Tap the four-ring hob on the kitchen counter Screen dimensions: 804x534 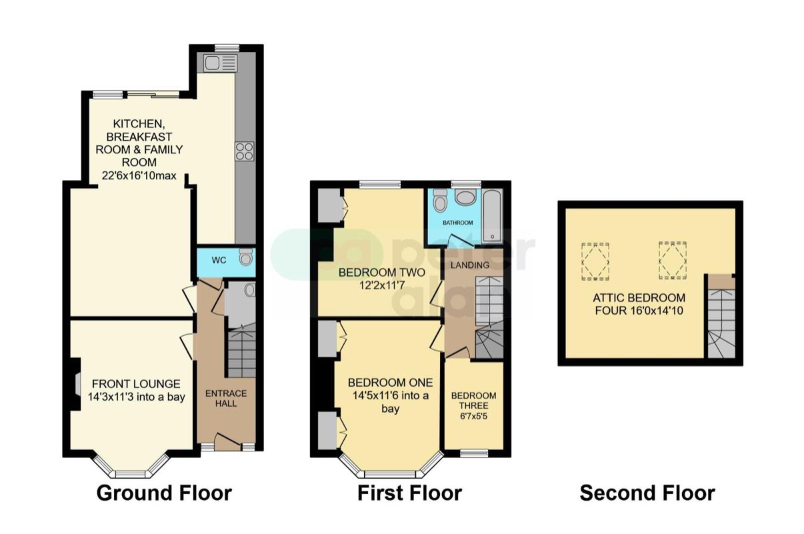coord(245,151)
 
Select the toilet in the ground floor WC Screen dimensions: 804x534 coord(246,257)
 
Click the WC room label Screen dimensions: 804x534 coord(219,260)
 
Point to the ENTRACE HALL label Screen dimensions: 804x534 coord(226,399)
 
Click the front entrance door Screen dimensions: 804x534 coord(227,441)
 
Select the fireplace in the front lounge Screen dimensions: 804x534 coord(75,384)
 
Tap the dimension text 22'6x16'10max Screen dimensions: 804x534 coord(139,176)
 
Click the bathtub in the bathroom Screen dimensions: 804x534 coord(493,215)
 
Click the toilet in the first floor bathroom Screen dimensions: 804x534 coord(440,200)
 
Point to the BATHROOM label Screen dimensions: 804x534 coord(457,223)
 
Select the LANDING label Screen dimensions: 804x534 coord(470,265)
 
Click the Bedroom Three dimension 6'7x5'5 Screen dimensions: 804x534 coord(474,416)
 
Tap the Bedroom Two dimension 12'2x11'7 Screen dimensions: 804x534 coord(382,285)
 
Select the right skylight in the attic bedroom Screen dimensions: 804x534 coord(673,261)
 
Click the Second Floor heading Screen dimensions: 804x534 coord(647,493)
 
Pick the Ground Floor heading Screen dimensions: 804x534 coord(165,493)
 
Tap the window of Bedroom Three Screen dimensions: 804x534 coord(474,453)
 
